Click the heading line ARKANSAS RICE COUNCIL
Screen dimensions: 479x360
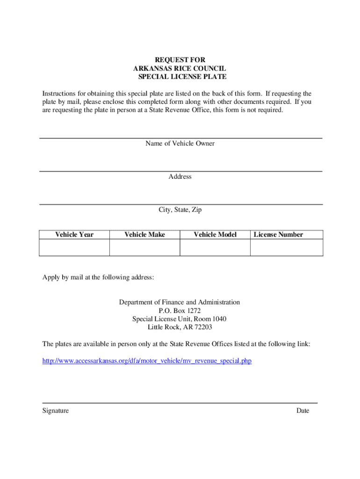pos(180,68)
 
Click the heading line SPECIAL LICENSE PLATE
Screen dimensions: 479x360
pos(182,77)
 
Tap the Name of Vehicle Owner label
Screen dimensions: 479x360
pos(180,144)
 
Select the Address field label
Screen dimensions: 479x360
pos(180,177)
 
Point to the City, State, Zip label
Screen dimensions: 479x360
pos(180,210)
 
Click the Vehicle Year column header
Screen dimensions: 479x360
pos(74,234)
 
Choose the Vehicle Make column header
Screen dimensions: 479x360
pos(144,234)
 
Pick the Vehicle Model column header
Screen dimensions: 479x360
pos(215,234)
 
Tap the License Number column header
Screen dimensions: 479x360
pos(278,234)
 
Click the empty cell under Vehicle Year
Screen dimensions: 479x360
pos(74,247)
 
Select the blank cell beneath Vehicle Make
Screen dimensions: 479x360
pos(144,247)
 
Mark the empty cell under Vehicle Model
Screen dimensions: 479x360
pos(215,247)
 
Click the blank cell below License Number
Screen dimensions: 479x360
pos(287,247)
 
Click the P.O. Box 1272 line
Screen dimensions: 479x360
pos(180,311)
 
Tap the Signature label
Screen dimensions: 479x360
pos(56,411)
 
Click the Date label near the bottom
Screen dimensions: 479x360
pos(302,411)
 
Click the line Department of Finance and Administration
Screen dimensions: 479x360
pos(180,302)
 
